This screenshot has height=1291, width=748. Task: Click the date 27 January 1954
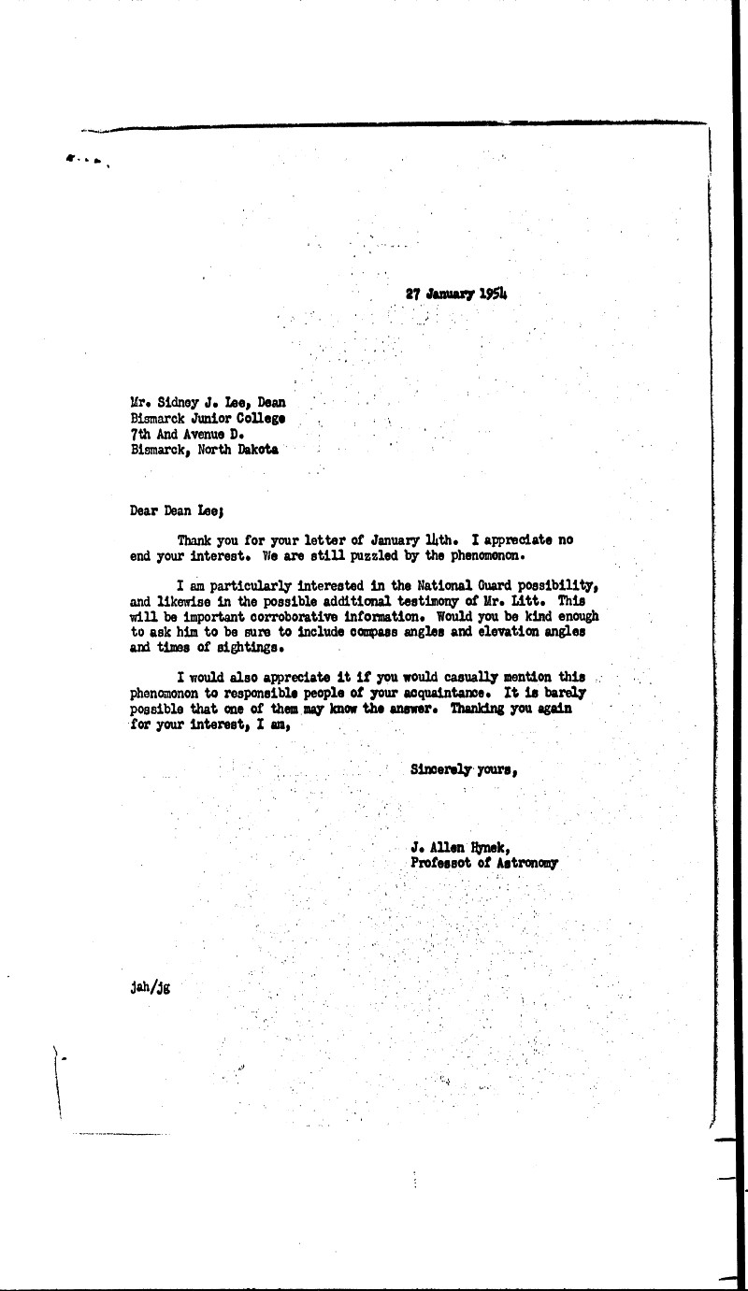(x=462, y=293)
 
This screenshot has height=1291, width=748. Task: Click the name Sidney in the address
(x=178, y=403)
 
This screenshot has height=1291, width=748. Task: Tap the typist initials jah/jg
(x=151, y=987)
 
